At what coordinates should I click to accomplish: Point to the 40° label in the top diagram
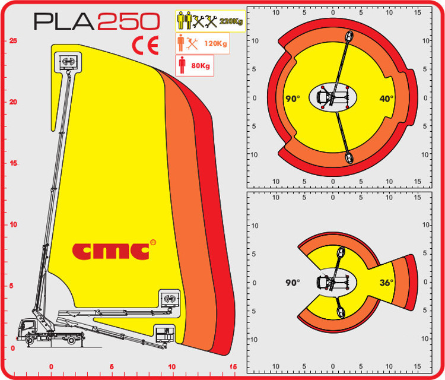386,99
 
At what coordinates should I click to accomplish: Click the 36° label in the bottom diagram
386,283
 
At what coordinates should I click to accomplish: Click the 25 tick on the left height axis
12,40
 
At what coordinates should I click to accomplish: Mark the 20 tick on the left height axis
12,102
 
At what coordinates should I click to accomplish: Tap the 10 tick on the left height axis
12,224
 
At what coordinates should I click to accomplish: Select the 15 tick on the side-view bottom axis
233,366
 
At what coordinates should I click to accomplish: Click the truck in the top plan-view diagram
332,97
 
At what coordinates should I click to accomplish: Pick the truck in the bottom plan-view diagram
330,283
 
